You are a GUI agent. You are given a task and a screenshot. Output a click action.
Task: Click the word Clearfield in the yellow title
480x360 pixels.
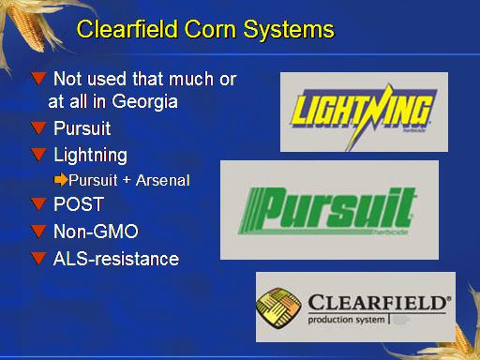click(127, 29)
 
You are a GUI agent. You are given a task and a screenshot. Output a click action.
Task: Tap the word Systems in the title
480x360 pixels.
click(289, 30)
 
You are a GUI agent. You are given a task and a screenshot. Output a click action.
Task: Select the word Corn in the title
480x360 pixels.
click(210, 29)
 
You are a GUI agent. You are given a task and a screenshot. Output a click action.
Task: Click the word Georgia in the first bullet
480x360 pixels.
click(144, 102)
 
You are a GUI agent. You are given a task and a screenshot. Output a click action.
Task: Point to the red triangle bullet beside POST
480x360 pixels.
click(38, 203)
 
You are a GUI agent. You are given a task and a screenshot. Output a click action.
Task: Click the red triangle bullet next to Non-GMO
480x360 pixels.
click(38, 232)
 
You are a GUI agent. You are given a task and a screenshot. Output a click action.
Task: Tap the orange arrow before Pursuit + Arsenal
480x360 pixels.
click(61, 180)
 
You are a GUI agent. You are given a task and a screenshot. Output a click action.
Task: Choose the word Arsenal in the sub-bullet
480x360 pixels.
click(163, 180)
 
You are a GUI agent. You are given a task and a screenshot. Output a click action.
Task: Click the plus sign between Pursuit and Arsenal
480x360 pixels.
click(127, 180)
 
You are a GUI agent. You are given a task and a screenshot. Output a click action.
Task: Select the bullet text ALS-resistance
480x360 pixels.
click(116, 259)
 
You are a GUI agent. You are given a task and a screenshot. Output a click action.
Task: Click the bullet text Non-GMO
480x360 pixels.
click(96, 232)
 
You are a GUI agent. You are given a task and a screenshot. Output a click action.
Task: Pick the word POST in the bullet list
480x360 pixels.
click(79, 204)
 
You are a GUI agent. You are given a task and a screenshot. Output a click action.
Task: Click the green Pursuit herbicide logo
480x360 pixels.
click(328, 211)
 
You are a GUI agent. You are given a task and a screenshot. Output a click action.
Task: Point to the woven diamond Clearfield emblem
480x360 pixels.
click(278, 307)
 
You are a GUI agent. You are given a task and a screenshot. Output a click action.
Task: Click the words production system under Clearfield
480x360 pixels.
click(346, 320)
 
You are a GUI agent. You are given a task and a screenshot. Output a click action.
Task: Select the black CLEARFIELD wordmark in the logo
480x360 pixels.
click(380, 303)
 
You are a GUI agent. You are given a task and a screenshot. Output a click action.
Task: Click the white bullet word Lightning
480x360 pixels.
click(91, 156)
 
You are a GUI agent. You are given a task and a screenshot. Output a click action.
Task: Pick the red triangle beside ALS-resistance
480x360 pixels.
click(38, 259)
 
